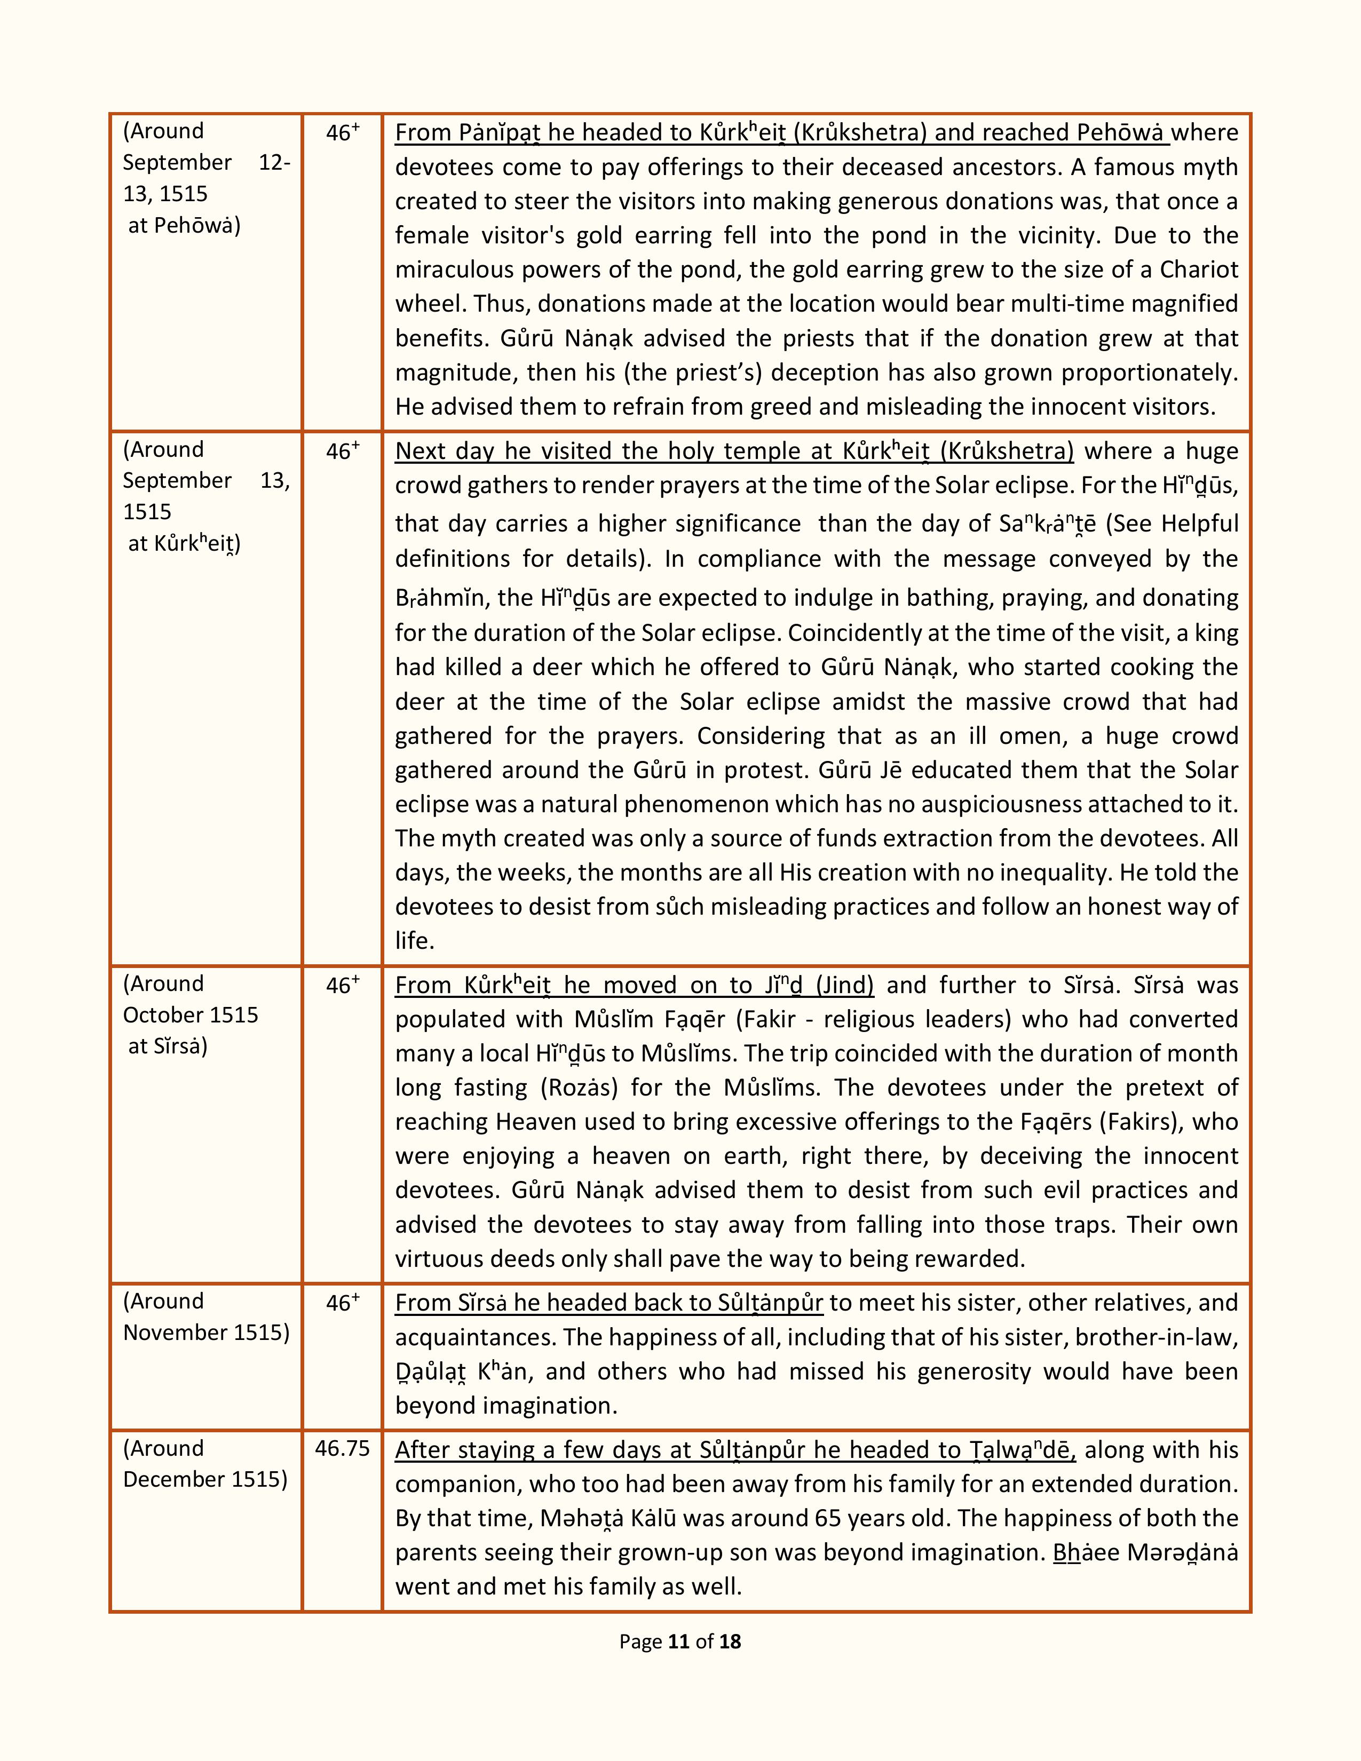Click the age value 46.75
point(342,1449)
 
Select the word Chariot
point(1199,269)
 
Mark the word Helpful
point(1199,524)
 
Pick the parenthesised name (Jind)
point(844,985)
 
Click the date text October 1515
point(191,1014)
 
